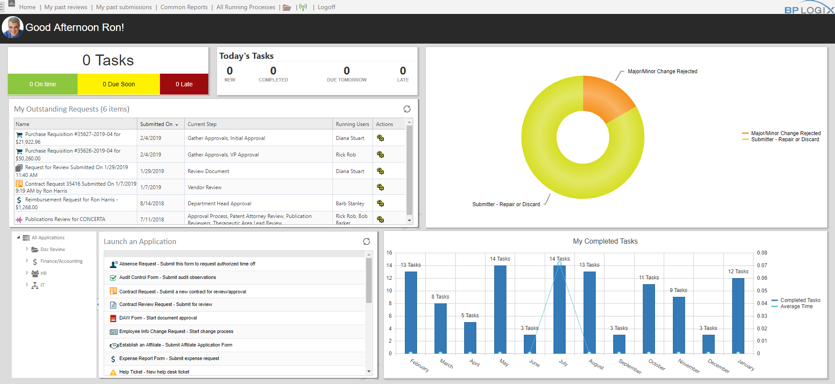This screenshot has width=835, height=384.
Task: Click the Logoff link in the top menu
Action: [x=326, y=7]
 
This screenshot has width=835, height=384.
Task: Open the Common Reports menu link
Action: [x=184, y=7]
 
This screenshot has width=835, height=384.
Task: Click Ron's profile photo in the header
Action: [x=12, y=27]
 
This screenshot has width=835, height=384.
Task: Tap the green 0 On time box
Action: [x=43, y=84]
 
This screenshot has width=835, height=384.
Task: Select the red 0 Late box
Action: [x=184, y=84]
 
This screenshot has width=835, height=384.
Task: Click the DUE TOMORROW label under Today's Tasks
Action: [x=346, y=80]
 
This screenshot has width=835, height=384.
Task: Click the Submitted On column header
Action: [x=156, y=124]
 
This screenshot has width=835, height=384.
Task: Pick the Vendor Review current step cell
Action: [x=205, y=187]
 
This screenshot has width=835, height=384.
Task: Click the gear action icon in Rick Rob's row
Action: [x=380, y=155]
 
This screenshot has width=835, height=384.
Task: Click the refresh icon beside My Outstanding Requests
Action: [x=407, y=109]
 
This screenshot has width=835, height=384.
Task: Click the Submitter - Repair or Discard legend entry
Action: [x=784, y=139]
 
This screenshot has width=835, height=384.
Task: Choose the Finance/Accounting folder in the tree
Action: [x=61, y=261]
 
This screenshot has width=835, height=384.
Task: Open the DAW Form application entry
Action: [x=158, y=318]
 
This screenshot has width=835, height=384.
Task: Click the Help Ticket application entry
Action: [x=154, y=372]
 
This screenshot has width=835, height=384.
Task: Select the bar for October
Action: [x=648, y=318]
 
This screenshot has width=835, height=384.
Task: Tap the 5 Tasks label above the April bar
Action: [x=470, y=316]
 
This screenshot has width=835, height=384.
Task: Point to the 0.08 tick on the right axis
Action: [x=762, y=253]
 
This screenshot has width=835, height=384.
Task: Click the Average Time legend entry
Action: [x=796, y=306]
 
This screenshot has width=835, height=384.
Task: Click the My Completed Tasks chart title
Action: [x=605, y=241]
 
